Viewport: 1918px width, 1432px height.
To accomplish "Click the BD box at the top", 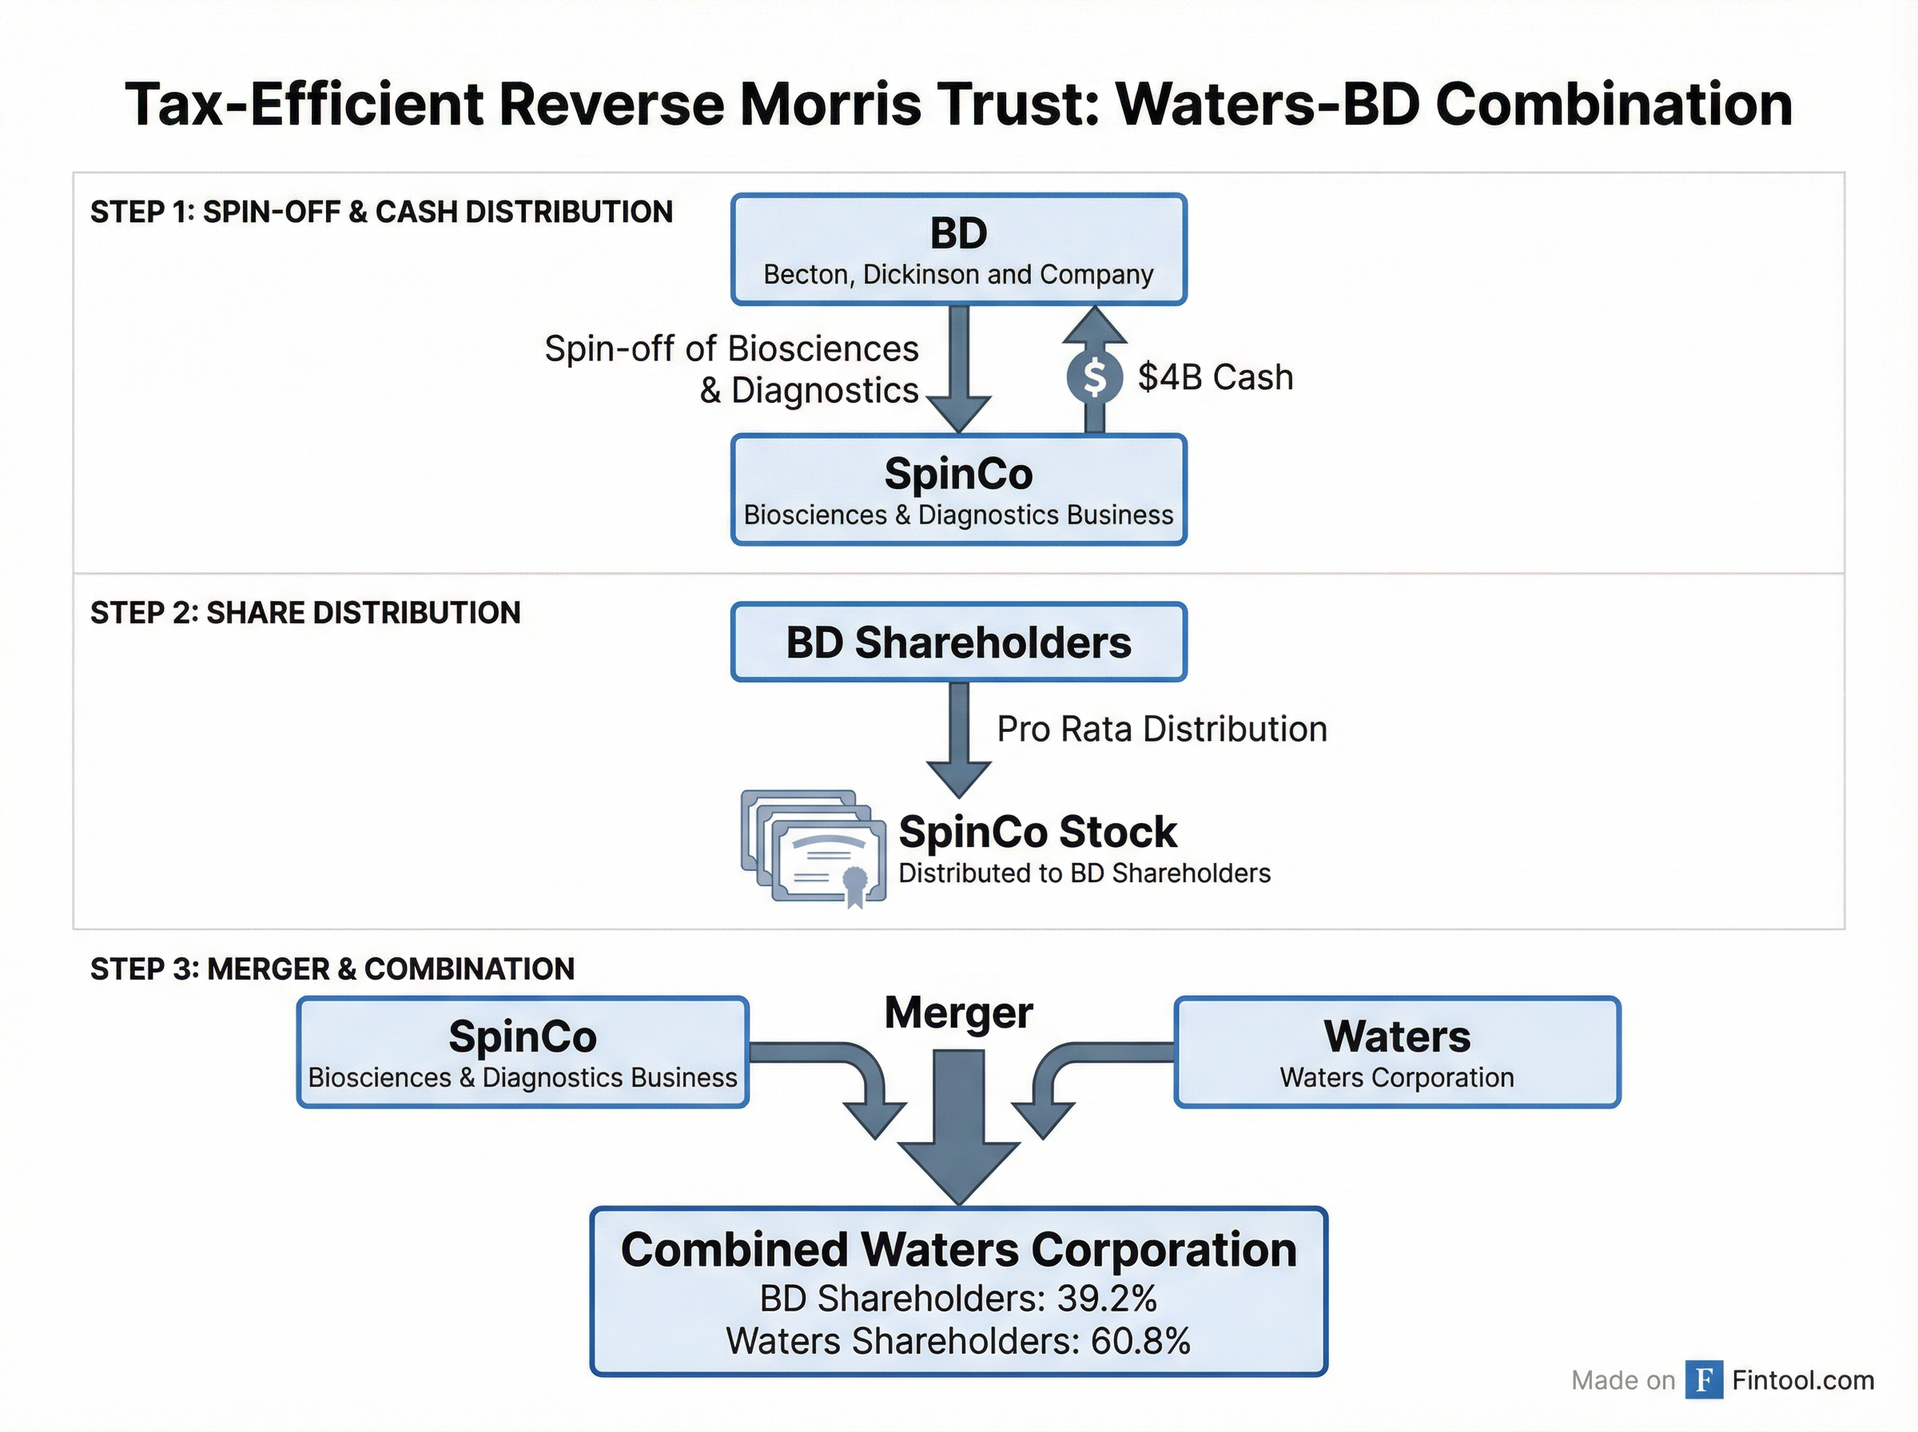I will tap(957, 249).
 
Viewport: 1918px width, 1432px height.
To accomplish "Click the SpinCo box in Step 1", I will tap(957, 490).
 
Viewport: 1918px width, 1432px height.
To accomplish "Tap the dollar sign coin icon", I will tap(1095, 378).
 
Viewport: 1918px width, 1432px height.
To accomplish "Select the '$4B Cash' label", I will tap(1215, 378).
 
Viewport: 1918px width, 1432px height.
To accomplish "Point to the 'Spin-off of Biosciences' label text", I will tap(730, 349).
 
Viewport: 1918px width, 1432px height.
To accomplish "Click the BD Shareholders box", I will tap(957, 642).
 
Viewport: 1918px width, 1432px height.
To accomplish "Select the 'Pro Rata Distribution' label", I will tap(1161, 729).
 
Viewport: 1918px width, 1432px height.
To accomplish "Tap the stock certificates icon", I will tap(814, 848).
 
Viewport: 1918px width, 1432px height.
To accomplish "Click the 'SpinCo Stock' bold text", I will tap(1037, 832).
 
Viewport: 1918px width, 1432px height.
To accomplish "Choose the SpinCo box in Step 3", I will tap(523, 1052).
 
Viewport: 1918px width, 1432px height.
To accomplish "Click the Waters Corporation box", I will tap(1396, 1052).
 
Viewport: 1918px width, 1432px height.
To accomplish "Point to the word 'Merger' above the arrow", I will tap(957, 1012).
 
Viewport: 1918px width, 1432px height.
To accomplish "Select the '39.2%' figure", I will tap(1107, 1299).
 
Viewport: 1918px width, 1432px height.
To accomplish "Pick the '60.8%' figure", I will tap(1140, 1341).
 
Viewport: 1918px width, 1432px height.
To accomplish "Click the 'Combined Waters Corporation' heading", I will tap(957, 1250).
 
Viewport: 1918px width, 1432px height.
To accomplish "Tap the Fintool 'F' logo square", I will tap(1703, 1380).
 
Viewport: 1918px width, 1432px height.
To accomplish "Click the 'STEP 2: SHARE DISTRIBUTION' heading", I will tap(305, 613).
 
